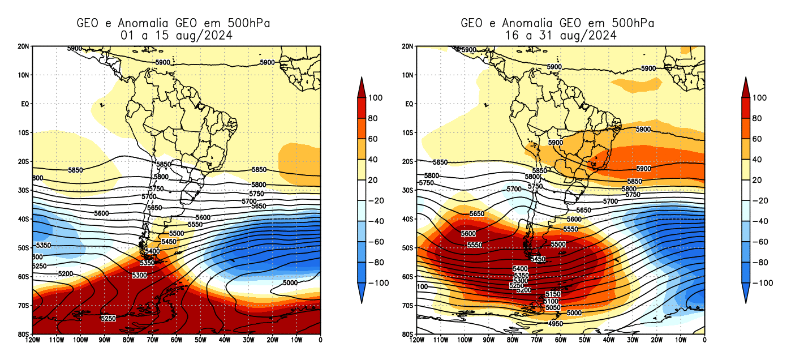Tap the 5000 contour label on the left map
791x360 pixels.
click(290, 282)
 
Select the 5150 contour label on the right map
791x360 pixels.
click(553, 294)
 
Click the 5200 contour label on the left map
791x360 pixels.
click(66, 274)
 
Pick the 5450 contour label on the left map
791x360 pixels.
click(169, 242)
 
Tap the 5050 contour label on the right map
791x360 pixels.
click(553, 308)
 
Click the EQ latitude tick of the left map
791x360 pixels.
click(25, 104)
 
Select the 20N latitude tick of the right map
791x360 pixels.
click(408, 46)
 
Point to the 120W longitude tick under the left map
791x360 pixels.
click(33, 340)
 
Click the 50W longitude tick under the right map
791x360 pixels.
click(584, 340)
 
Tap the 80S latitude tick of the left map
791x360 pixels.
click(24, 335)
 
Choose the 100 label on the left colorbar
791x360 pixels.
click(375, 98)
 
